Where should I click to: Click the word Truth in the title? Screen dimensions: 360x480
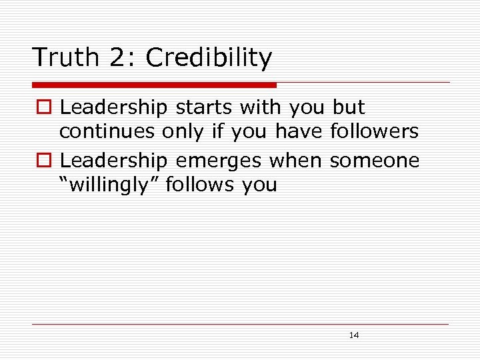click(65, 58)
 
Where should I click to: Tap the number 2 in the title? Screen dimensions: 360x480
click(118, 58)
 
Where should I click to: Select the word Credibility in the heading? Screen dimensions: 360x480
click(209, 58)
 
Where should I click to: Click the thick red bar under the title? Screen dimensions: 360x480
click(154, 85)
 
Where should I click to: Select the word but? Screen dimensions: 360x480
click(349, 107)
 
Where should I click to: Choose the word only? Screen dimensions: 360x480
click(185, 131)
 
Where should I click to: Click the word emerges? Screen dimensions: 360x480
click(217, 161)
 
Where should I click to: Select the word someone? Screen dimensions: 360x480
click(375, 161)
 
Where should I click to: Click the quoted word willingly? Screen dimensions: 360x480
click(109, 185)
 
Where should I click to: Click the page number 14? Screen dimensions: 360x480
click(354, 335)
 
